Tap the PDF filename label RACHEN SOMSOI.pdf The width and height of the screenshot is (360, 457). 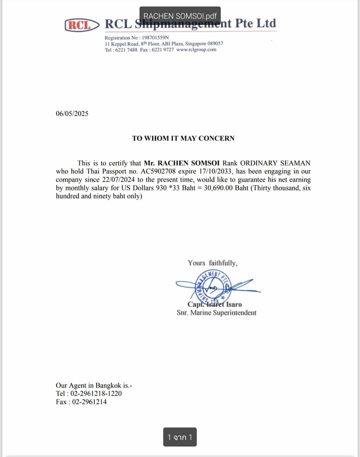tap(180, 16)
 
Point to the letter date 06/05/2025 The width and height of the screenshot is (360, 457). tap(72, 113)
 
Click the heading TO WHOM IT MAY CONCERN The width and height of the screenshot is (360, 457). tap(183, 138)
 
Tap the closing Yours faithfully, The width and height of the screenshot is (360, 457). tap(212, 262)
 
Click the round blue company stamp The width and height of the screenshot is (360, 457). tap(212, 289)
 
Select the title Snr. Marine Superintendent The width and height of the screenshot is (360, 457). tap(216, 312)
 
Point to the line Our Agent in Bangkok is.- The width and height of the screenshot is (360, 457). tap(94, 385)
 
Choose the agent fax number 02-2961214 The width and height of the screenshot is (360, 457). tap(89, 401)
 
